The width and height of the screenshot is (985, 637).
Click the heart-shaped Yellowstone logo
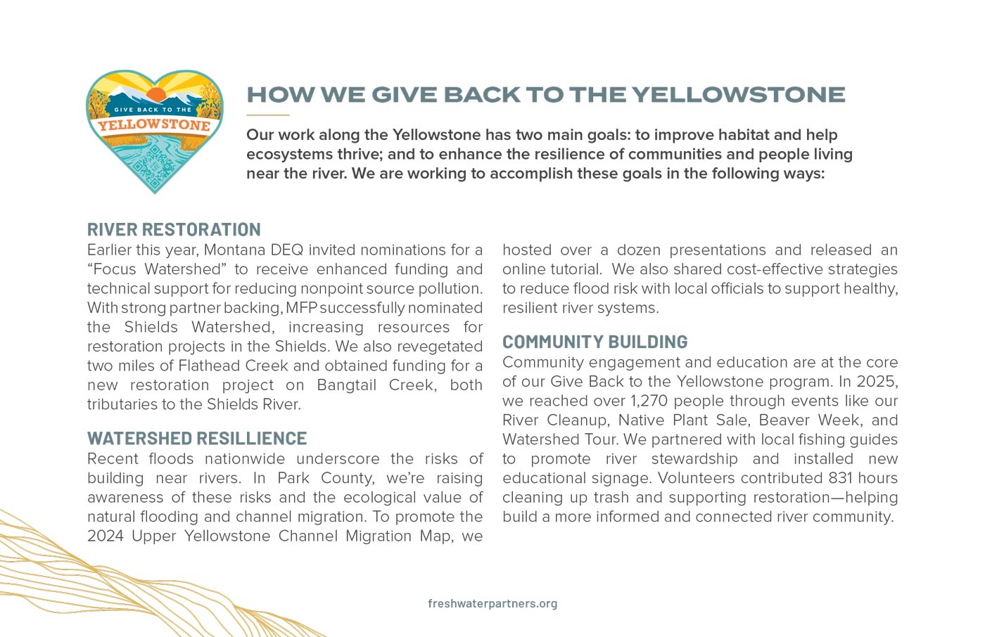point(154,131)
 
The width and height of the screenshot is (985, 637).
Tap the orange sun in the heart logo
point(155,95)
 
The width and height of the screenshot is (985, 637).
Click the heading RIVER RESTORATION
point(174,229)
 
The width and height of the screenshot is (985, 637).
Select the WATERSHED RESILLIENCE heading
point(197,438)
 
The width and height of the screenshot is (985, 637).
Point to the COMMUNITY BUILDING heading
point(595,342)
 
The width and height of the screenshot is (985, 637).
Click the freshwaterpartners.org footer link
point(493,603)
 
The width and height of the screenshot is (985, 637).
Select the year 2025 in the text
point(876,381)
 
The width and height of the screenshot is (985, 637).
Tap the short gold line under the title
point(267,115)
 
